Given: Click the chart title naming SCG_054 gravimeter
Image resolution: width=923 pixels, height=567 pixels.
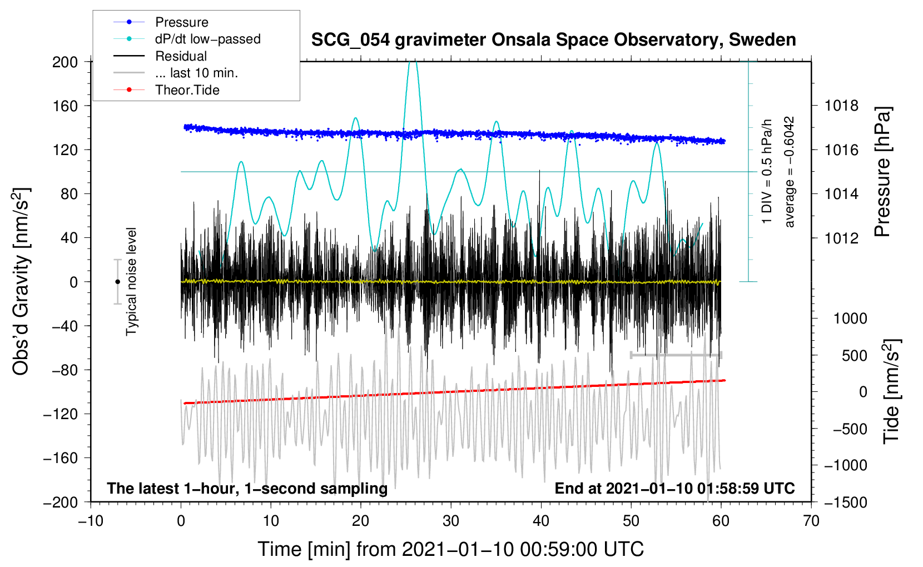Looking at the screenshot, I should click(x=553, y=40).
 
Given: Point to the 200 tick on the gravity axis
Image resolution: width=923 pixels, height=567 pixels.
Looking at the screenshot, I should click(x=65, y=62).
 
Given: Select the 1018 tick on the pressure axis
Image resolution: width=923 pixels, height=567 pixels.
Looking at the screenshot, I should click(x=842, y=106).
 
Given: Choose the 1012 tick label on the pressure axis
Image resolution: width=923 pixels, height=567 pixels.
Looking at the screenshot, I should click(x=842, y=238).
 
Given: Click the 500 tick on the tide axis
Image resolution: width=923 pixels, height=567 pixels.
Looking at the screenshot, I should click(x=854, y=355).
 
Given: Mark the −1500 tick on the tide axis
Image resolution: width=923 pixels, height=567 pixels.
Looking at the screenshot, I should click(x=846, y=502).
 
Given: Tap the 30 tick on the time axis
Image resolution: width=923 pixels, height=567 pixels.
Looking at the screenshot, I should click(x=451, y=521).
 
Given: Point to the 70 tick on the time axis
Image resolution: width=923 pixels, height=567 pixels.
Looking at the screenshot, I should click(x=811, y=521).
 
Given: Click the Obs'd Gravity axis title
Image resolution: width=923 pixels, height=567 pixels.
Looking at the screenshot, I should click(x=21, y=281).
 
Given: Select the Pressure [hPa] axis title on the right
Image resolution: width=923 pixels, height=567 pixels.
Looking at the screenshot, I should click(x=882, y=172).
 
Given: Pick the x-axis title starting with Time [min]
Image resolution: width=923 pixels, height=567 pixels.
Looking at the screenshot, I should click(x=451, y=549).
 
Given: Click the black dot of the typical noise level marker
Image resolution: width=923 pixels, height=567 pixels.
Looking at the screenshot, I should click(x=117, y=282).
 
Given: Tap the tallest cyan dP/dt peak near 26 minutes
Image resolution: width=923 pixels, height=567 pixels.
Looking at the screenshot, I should click(x=412, y=63).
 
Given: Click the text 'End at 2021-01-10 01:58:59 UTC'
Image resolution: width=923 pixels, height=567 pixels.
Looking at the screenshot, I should click(x=674, y=489).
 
